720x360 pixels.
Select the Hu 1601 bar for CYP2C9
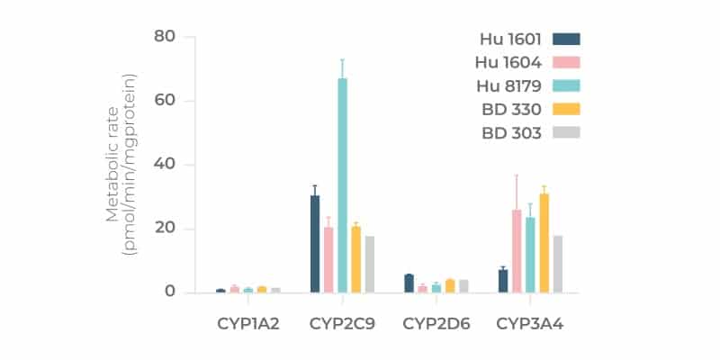click(315, 243)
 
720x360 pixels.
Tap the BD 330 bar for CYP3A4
click(544, 243)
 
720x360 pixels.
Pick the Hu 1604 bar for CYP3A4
click(517, 251)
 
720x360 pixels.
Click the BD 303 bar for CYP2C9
click(369, 264)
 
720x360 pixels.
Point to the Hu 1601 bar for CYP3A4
click(503, 281)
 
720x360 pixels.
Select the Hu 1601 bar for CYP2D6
click(409, 283)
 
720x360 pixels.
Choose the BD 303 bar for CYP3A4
click(557, 264)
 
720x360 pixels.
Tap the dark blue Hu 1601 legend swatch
click(566, 39)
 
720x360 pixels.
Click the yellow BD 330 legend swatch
click(566, 109)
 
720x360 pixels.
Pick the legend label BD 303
click(512, 132)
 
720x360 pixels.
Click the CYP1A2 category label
click(247, 322)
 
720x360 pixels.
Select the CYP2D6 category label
click(436, 322)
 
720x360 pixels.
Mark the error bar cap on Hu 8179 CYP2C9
click(342, 59)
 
